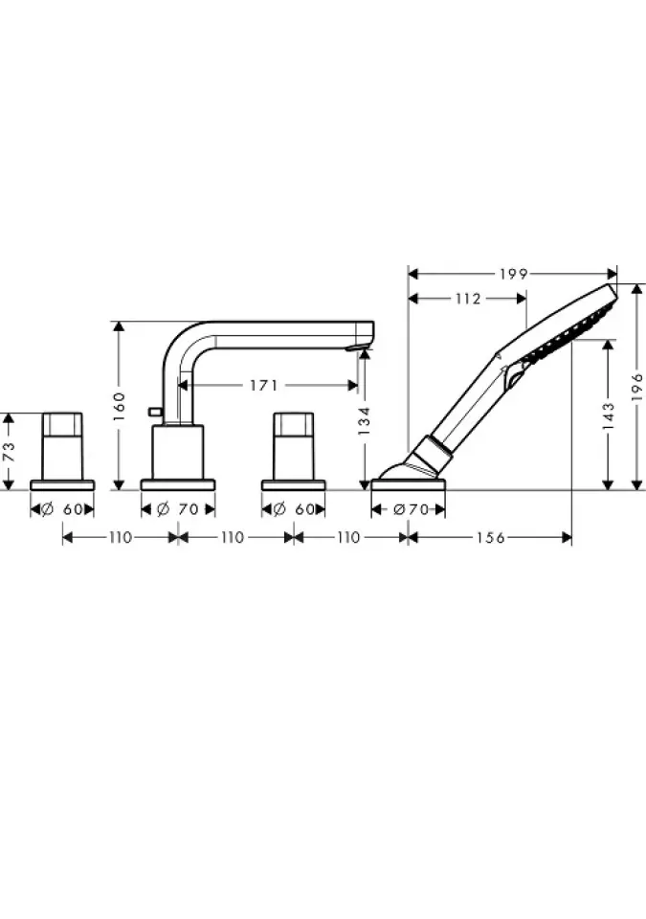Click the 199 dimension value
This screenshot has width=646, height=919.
click(514, 274)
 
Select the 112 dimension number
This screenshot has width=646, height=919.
click(468, 299)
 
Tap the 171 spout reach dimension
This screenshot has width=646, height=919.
click(264, 385)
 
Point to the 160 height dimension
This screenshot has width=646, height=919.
click(119, 406)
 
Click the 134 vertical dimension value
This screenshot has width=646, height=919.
click(364, 420)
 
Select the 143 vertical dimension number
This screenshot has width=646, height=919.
click(608, 415)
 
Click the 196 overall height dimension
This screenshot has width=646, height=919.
click(637, 387)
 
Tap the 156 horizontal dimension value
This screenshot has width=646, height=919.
click(490, 537)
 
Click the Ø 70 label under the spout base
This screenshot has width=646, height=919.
click(178, 509)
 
